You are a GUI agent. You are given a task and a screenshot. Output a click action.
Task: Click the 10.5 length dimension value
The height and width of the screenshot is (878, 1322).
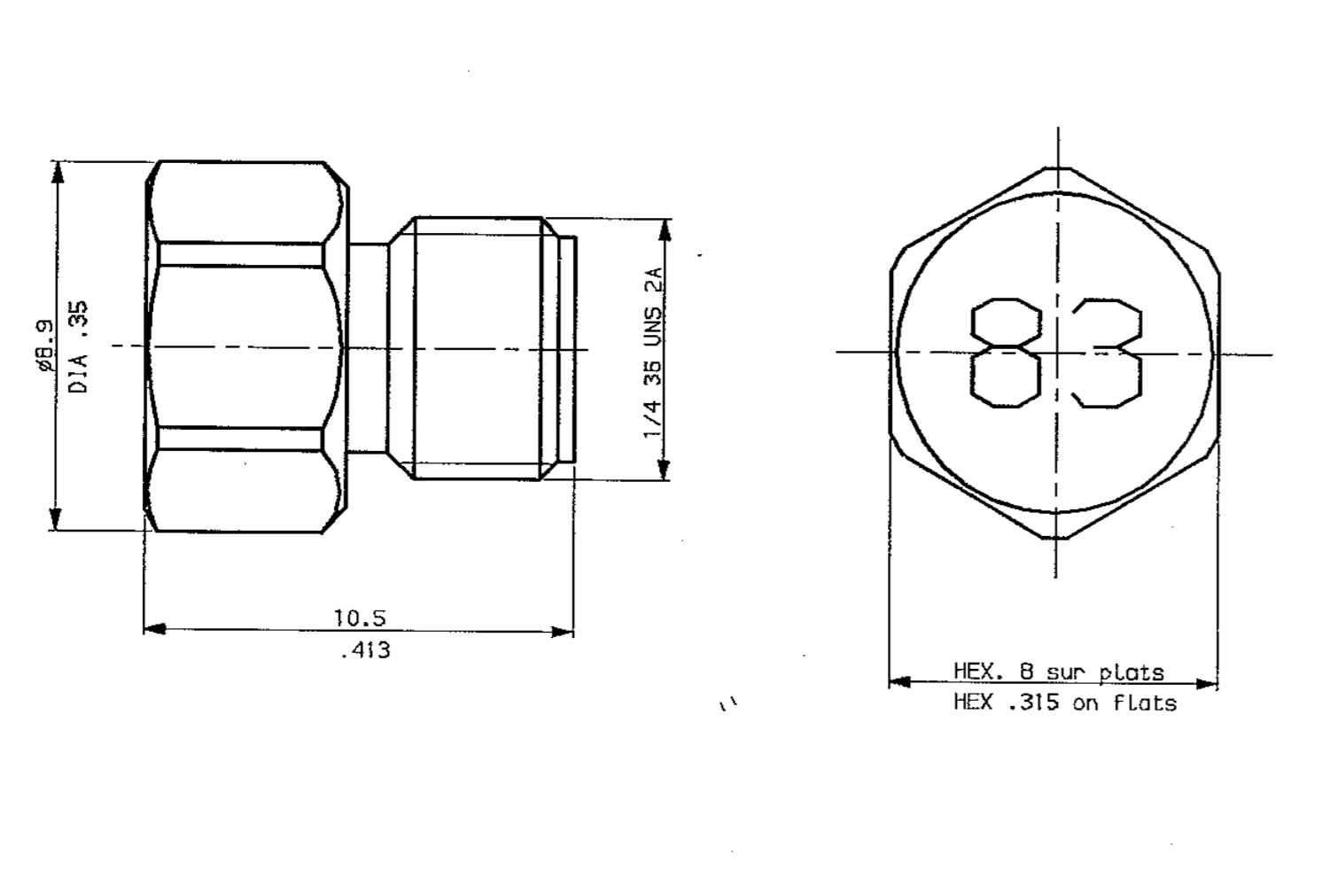coord(360,618)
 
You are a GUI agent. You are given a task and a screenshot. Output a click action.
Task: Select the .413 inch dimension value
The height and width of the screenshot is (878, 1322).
coord(364,651)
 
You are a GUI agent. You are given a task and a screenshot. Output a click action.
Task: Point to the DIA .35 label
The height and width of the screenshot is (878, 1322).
coord(78,347)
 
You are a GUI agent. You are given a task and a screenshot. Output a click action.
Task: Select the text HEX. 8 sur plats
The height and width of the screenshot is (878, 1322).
coord(1058,672)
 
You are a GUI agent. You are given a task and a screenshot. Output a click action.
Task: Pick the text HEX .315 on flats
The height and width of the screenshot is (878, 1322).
coord(1064,703)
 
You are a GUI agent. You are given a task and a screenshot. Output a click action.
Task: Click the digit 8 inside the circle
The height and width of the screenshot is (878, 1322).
coord(1006,353)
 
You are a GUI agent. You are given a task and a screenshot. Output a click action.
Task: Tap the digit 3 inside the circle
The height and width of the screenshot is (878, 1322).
coord(1107,353)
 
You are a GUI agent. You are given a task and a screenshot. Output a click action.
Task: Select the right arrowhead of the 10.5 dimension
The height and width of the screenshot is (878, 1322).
coord(563,632)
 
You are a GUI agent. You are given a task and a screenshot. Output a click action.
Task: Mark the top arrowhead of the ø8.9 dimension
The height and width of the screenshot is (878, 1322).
coord(58,172)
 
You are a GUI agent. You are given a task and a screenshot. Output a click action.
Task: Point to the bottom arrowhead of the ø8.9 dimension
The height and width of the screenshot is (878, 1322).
coord(56,520)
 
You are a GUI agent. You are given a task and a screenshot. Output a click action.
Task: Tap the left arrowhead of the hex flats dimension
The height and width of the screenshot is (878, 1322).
coord(899,682)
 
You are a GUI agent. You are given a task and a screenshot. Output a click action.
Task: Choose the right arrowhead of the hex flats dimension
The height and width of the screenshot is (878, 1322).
coord(1207,683)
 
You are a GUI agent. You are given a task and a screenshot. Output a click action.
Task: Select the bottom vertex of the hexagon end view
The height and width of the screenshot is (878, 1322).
coord(1055,537)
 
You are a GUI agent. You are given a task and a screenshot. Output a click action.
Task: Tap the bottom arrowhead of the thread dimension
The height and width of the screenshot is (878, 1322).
coord(664,470)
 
